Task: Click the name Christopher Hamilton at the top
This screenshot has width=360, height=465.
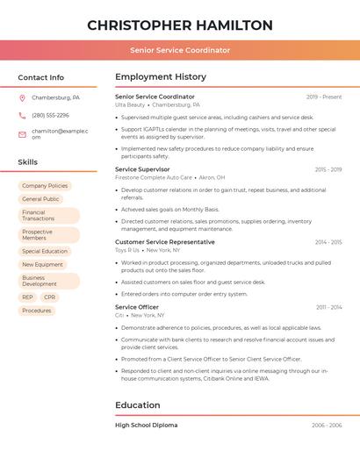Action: point(180,25)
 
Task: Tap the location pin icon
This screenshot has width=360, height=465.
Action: point(22,97)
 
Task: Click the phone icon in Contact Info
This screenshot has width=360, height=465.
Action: point(22,115)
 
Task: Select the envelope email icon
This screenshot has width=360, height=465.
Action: point(22,133)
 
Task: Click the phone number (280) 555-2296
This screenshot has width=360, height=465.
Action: point(50,115)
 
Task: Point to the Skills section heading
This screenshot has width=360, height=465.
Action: point(28,162)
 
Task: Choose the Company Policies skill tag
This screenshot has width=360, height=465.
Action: point(45,186)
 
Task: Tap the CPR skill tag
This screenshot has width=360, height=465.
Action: point(49,297)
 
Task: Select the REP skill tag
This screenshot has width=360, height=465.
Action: point(27,297)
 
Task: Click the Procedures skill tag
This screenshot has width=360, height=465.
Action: point(37,311)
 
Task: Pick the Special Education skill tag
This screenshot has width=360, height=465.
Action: point(45,251)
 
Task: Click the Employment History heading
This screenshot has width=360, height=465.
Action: point(161,77)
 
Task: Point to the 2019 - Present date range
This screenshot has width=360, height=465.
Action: point(324,97)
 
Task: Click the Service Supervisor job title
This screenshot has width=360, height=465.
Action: point(142,168)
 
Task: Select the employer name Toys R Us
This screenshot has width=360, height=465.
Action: point(127,250)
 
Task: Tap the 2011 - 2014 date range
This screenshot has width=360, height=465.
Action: point(329,307)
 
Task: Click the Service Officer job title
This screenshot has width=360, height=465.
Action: point(137,307)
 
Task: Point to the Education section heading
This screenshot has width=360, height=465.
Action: point(138,405)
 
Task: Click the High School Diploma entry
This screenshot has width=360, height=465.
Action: point(146,426)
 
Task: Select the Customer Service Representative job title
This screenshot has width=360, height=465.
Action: point(164,241)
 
